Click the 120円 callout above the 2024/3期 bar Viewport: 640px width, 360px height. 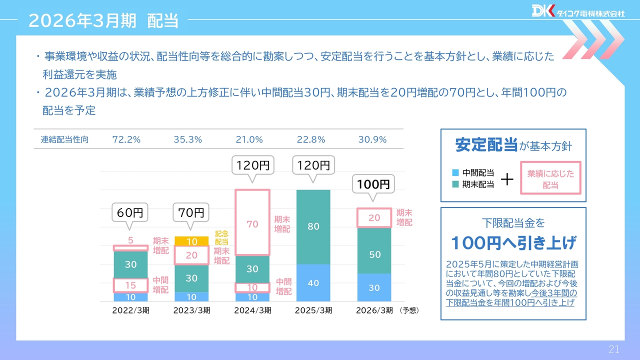click(252, 165)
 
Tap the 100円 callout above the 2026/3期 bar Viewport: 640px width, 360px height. click(373, 184)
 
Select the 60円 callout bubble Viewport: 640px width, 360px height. click(130, 213)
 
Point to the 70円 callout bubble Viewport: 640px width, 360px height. click(191, 213)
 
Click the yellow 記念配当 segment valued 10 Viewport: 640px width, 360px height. click(191, 241)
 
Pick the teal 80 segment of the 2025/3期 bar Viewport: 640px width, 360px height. click(313, 226)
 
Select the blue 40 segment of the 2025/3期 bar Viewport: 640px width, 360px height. click(313, 283)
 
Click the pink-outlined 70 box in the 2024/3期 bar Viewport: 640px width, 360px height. click(252, 223)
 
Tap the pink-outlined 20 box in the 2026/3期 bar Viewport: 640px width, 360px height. click(374, 217)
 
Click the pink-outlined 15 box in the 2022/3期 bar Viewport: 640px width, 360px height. click(130, 285)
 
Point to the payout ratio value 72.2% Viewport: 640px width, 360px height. click(126, 140)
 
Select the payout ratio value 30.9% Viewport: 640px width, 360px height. click(372, 140)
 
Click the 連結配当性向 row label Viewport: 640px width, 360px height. click(64, 140)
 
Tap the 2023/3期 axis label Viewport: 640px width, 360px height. click(191, 310)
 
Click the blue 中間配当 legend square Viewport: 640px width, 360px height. click(455, 173)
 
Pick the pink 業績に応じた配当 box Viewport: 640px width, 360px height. click(550, 178)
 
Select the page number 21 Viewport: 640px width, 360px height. click(614, 349)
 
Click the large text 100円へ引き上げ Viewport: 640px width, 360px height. click(513, 244)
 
